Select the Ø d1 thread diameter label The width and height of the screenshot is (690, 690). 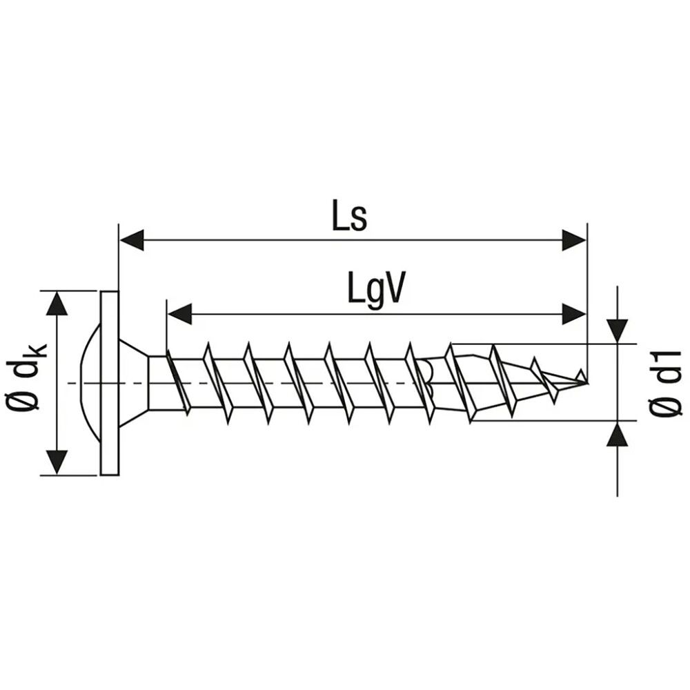click(665, 383)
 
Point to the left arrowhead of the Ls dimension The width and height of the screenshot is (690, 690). click(132, 240)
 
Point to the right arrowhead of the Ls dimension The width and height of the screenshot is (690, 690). click(574, 240)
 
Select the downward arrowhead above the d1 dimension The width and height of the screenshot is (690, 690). click(617, 329)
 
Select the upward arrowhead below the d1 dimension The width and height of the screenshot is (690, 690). click(617, 435)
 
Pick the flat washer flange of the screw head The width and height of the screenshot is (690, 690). click(110, 383)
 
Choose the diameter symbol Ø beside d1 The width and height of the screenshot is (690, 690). click(665, 407)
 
